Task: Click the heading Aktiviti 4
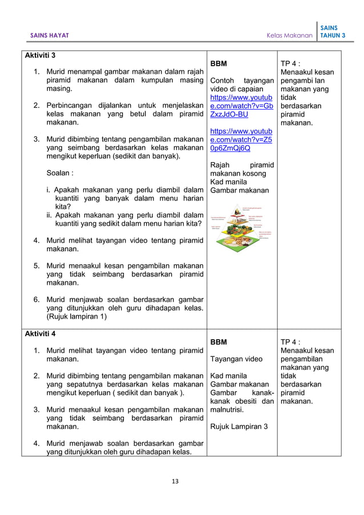(x=40, y=331)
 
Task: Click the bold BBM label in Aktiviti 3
(x=219, y=63)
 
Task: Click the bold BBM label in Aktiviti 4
(x=219, y=342)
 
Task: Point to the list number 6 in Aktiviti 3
(x=36, y=299)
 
